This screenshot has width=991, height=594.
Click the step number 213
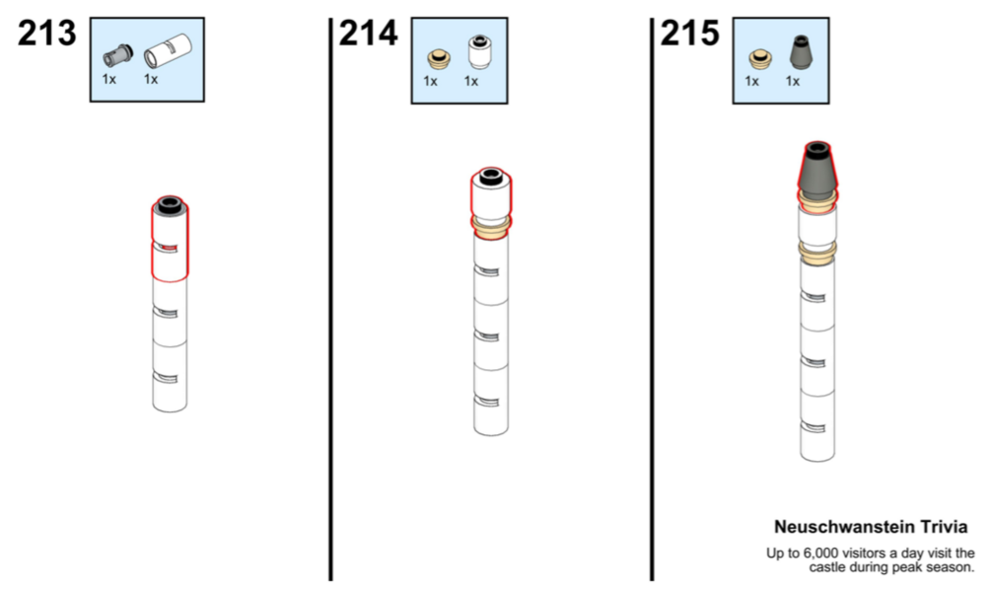(x=46, y=33)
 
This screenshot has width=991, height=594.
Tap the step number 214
(x=369, y=33)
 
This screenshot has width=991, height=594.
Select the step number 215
(x=689, y=33)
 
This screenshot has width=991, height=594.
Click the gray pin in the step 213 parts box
(x=118, y=56)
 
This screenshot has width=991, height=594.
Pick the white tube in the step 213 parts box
(x=168, y=50)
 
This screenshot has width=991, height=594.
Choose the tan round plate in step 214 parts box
(x=439, y=60)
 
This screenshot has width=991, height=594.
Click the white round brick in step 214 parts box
(x=479, y=52)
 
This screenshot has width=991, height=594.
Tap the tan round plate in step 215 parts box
(x=760, y=60)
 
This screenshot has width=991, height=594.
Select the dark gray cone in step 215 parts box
(x=802, y=52)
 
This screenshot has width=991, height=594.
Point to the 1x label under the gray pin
(x=109, y=79)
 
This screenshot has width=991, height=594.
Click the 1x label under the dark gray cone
(x=793, y=81)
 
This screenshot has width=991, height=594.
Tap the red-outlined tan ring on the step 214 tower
(x=491, y=226)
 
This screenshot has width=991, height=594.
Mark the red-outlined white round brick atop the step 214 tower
(x=491, y=192)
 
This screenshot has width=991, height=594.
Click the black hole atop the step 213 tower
(x=169, y=204)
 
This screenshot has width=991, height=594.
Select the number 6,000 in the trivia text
(x=820, y=554)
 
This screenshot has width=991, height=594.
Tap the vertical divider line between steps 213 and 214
(x=330, y=299)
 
